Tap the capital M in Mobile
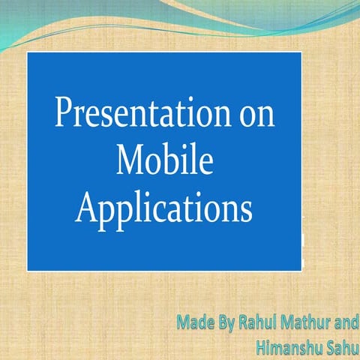130,160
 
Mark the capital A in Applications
88,203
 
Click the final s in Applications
244,208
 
